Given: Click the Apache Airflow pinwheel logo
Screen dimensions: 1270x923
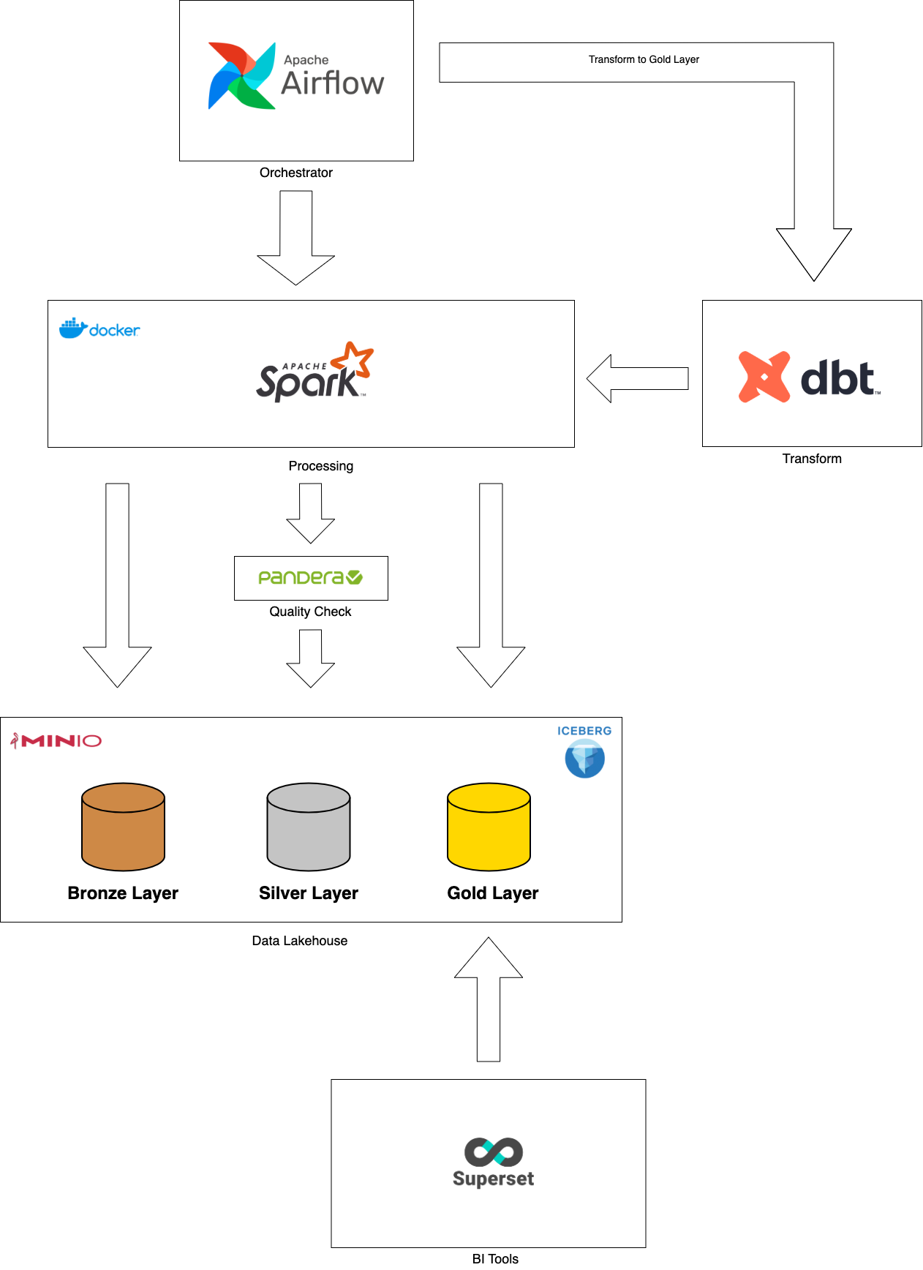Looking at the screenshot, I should tap(241, 76).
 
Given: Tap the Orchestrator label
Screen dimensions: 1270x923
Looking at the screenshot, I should tap(295, 173).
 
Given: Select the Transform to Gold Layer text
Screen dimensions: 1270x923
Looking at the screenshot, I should tap(644, 60).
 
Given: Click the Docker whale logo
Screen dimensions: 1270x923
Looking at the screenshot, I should tap(73, 328).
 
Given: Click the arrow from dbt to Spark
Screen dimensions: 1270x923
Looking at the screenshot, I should tap(637, 378).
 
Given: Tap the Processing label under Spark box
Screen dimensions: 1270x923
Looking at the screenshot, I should tap(320, 466).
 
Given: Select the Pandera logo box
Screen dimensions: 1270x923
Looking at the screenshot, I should tap(311, 578).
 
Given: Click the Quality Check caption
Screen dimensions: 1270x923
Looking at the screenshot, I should tap(310, 612).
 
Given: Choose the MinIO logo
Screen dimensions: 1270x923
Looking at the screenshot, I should tap(56, 741).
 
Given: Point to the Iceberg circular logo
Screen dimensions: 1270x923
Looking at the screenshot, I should tap(584, 759).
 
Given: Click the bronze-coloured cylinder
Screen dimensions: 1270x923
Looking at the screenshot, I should tap(123, 827).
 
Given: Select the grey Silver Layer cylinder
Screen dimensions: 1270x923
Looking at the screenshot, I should tap(309, 827).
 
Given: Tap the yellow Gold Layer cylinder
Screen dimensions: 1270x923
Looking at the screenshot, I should tap(489, 827).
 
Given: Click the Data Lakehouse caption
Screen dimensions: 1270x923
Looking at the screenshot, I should tap(299, 941).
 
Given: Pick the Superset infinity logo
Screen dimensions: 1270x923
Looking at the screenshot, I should tap(494, 1152).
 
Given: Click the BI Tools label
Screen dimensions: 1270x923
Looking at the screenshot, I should tap(495, 1258).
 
